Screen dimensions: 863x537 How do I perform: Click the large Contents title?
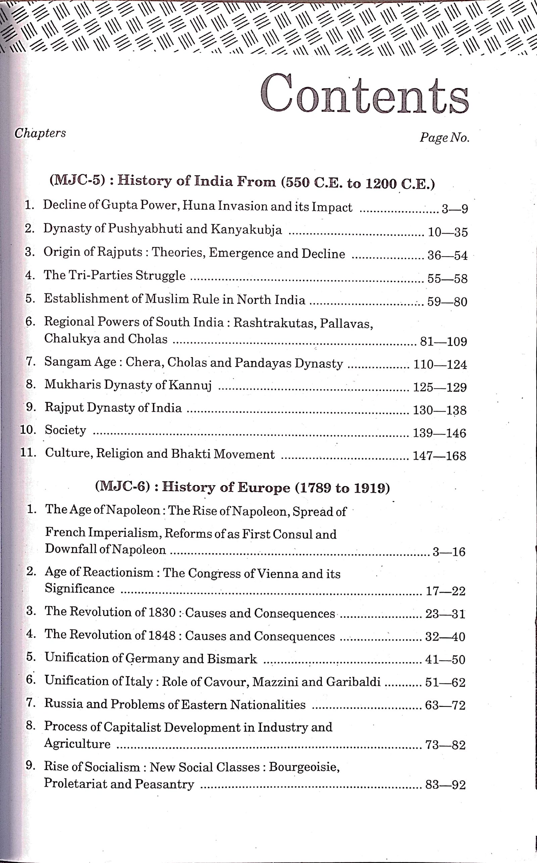coord(364,94)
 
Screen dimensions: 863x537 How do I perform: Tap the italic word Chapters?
coord(40,133)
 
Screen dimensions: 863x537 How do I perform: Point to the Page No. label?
coord(444,137)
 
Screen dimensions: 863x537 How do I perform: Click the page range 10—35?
coord(447,232)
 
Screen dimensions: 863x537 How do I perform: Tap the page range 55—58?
coord(447,279)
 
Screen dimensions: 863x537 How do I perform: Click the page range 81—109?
coord(443,342)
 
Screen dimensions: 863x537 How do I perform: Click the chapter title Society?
coord(65,430)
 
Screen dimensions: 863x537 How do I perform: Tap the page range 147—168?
coord(439,456)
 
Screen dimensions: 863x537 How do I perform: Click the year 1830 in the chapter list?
coord(161,613)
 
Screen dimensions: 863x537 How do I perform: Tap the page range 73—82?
coord(445,745)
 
